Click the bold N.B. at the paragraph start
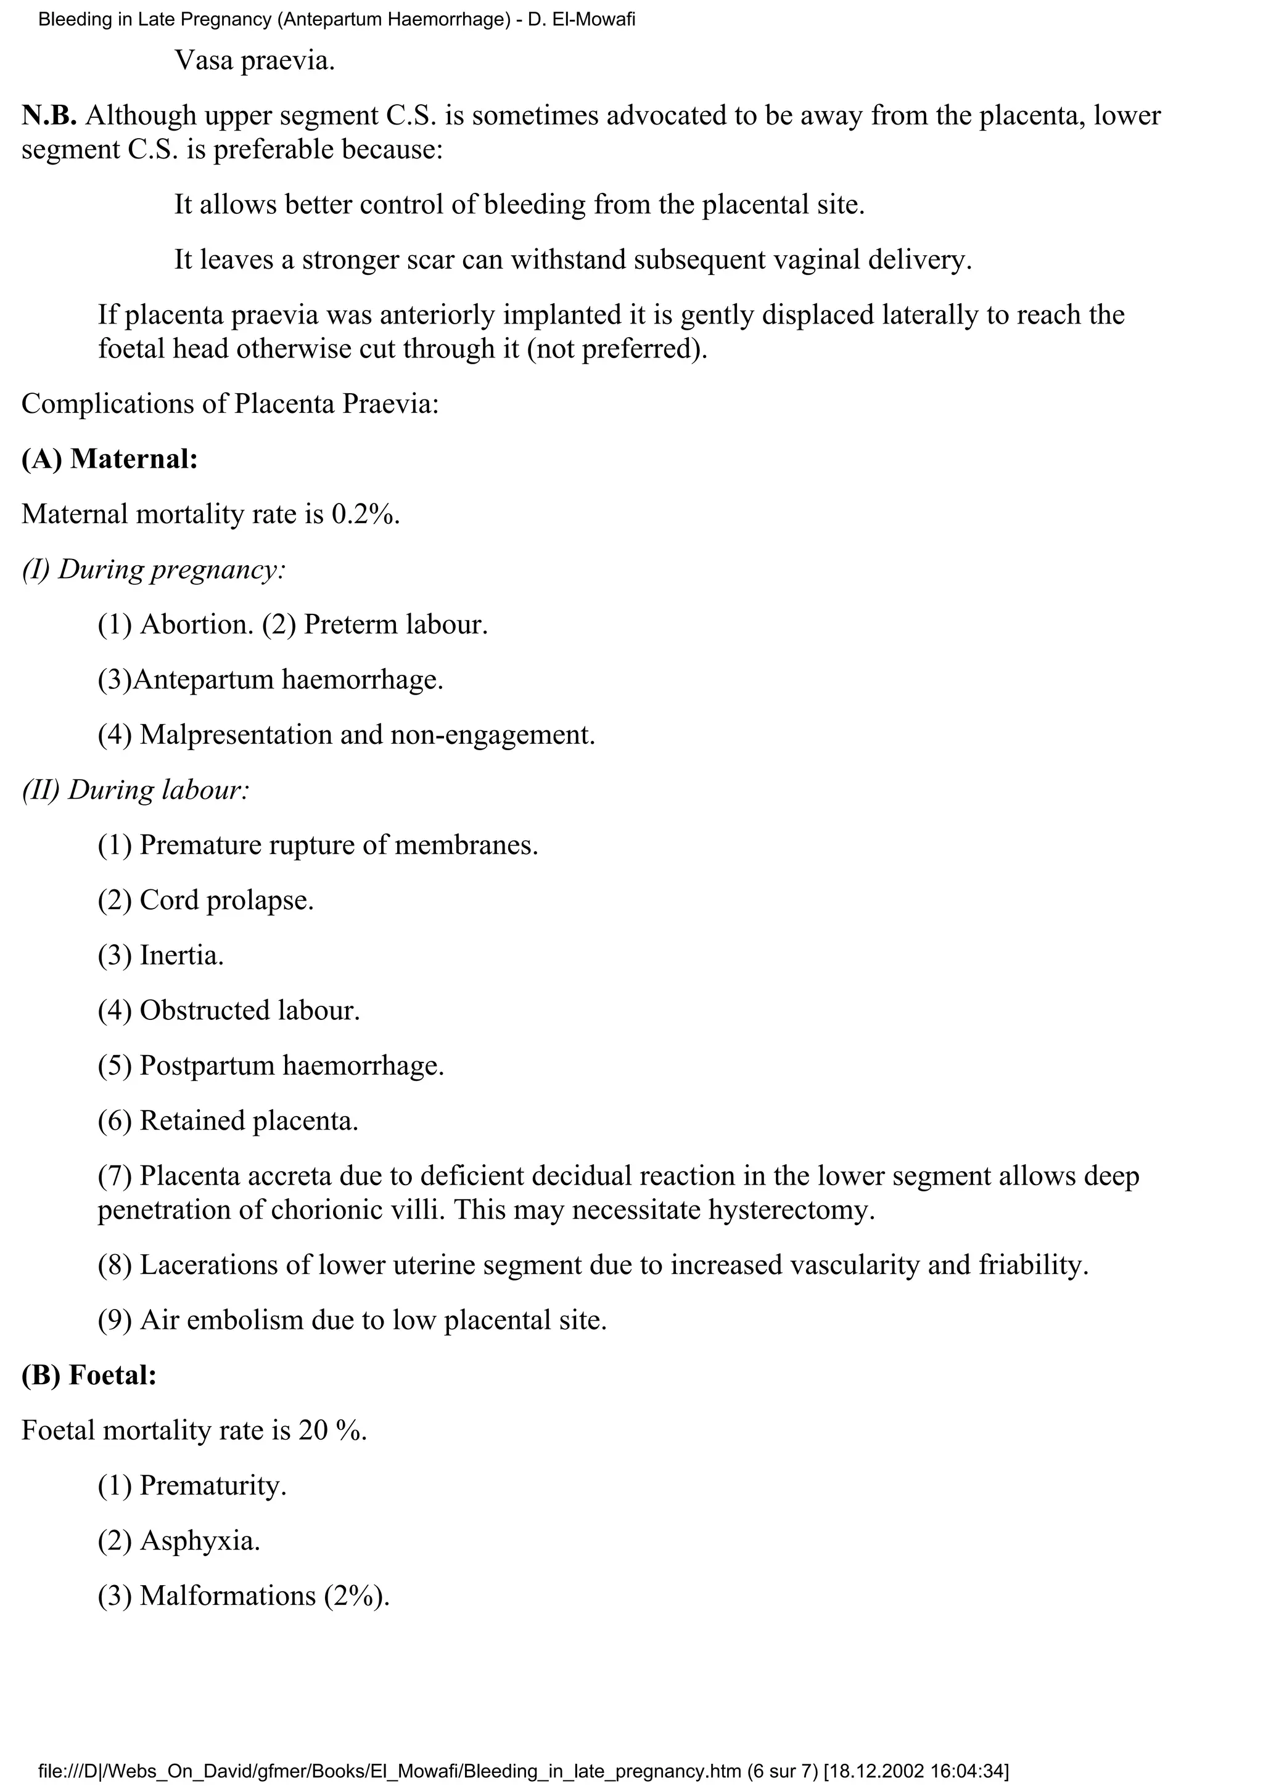tap(49, 116)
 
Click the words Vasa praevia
tap(255, 60)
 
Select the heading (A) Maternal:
tap(110, 459)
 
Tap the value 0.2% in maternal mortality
tap(365, 514)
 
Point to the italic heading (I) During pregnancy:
tap(154, 569)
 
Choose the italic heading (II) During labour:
tap(136, 790)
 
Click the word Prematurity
tap(212, 1486)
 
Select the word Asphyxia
tap(199, 1541)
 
